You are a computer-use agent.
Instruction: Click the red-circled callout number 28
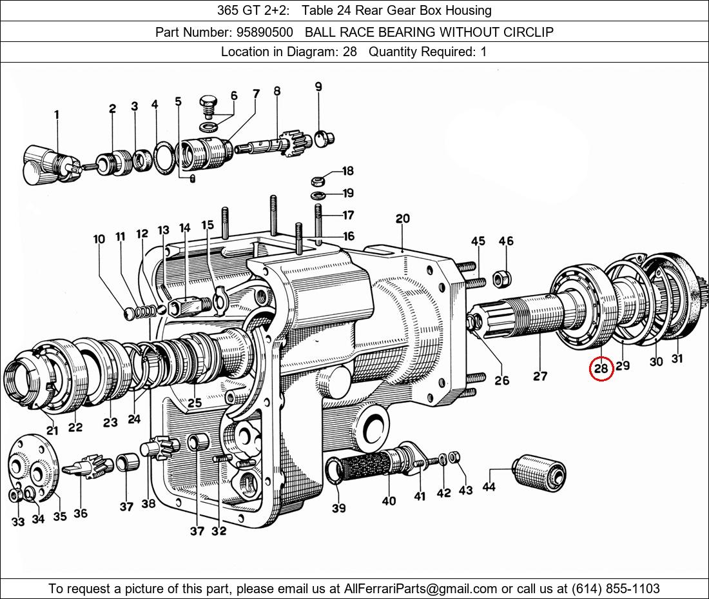click(601, 369)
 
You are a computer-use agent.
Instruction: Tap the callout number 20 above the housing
click(403, 219)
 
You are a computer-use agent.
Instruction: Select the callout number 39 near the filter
click(338, 508)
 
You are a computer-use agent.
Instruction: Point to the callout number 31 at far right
click(677, 359)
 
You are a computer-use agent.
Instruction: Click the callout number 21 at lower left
click(52, 430)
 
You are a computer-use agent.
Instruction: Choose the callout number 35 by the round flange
click(59, 516)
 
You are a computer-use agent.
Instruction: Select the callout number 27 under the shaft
click(540, 376)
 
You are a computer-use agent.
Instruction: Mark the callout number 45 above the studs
click(478, 241)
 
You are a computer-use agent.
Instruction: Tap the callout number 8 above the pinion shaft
click(277, 92)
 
